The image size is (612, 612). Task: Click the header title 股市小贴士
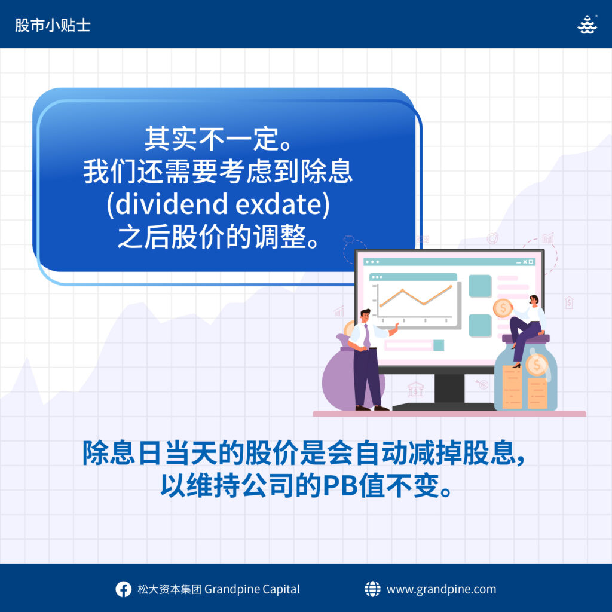pyautogui.click(x=53, y=25)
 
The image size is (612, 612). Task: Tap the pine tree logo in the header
pyautogui.click(x=587, y=25)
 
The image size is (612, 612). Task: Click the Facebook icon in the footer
pyautogui.click(x=123, y=589)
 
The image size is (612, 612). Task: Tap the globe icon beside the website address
pyautogui.click(x=372, y=589)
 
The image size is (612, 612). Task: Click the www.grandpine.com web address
pyautogui.click(x=442, y=589)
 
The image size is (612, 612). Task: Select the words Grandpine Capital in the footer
pyautogui.click(x=252, y=589)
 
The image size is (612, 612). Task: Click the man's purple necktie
pyautogui.click(x=366, y=335)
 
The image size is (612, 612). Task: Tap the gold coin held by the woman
pyautogui.click(x=503, y=308)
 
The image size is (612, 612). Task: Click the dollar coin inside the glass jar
pyautogui.click(x=536, y=365)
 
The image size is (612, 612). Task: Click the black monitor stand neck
pyautogui.click(x=449, y=388)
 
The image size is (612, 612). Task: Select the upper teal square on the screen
pyautogui.click(x=480, y=286)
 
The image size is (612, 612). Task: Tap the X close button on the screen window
pyautogui.click(x=525, y=262)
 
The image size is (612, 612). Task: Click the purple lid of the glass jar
pyautogui.click(x=526, y=338)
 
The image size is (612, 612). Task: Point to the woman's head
pyautogui.click(x=534, y=300)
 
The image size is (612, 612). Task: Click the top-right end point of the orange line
pyautogui.click(x=451, y=286)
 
